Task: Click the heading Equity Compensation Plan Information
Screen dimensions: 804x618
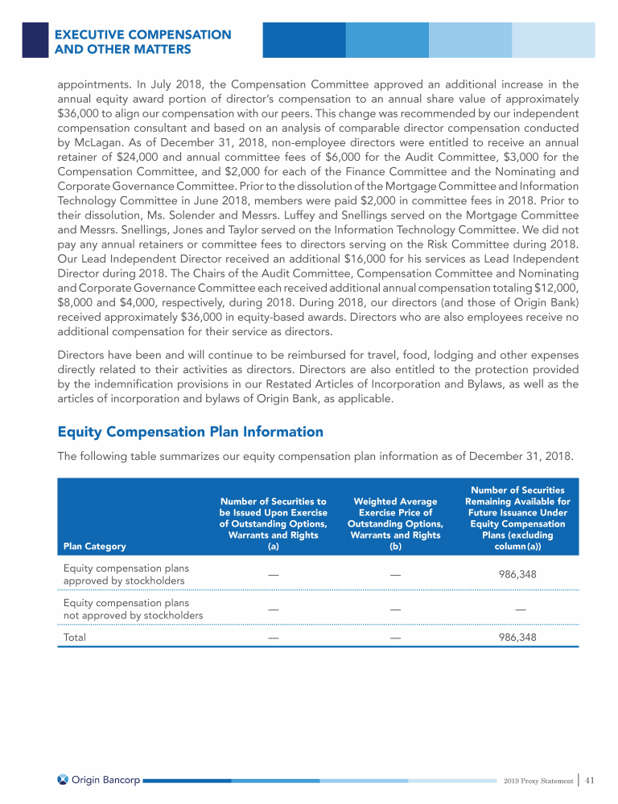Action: pos(190,432)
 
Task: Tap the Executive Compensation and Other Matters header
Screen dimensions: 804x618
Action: pos(142,43)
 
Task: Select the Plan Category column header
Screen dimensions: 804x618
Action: pos(94,546)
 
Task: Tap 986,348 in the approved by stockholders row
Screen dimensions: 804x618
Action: pos(517,575)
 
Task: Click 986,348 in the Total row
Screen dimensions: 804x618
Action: pos(517,637)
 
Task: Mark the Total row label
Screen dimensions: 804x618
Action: pos(75,637)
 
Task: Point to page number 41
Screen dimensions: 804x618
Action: pos(591,779)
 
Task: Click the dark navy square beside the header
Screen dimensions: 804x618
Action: pos(35,39)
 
